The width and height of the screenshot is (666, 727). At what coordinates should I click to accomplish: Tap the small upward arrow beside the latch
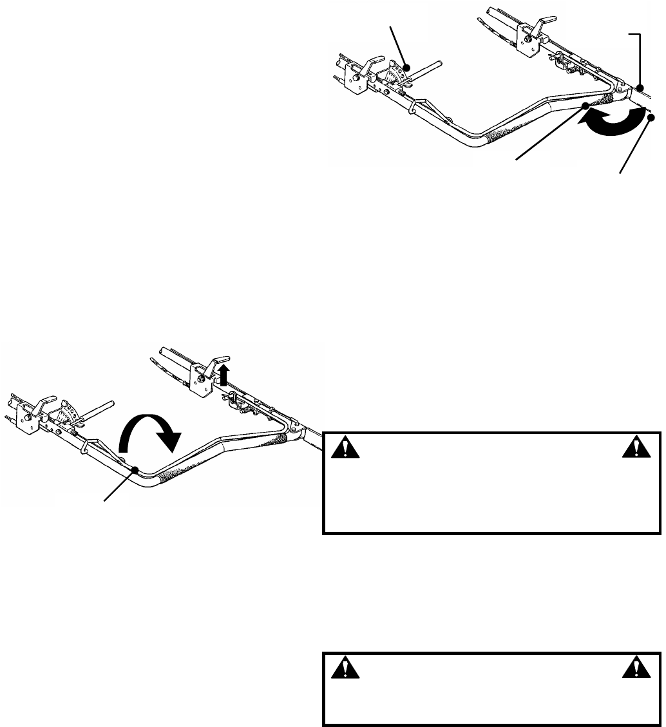[224, 374]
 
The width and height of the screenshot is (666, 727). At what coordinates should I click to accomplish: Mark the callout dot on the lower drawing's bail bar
[135, 470]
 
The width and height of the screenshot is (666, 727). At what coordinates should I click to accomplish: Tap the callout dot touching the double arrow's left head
[585, 106]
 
